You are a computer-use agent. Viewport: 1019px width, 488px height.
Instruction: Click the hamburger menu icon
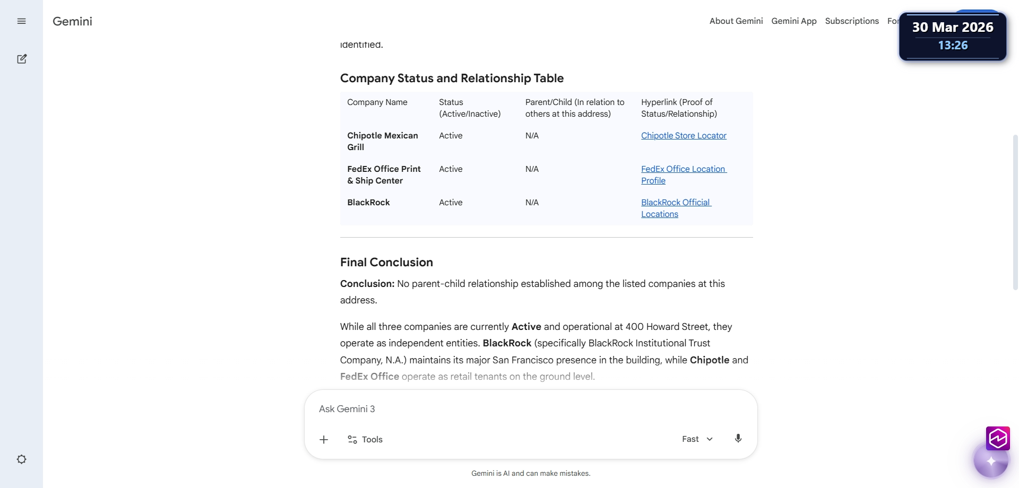coord(21,21)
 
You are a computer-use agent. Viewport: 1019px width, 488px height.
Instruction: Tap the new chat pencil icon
coord(22,59)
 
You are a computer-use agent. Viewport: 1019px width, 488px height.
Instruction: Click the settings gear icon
coord(22,459)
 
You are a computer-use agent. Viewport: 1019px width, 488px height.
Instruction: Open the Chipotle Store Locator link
coord(684,136)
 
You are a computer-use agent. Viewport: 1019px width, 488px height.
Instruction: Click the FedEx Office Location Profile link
coord(683,169)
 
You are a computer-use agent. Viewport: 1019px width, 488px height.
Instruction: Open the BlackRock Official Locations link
coord(675,203)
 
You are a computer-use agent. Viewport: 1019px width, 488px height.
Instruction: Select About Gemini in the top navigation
coord(736,21)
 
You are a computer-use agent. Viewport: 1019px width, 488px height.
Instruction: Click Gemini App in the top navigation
coord(794,21)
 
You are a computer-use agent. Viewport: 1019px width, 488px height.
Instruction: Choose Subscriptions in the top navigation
coord(852,21)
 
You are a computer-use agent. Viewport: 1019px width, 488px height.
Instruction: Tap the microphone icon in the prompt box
coord(738,439)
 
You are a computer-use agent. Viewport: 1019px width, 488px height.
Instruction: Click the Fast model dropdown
coord(697,439)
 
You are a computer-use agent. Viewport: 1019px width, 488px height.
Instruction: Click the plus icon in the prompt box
coord(324,440)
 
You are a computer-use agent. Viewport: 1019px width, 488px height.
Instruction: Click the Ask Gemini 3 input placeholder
coord(347,409)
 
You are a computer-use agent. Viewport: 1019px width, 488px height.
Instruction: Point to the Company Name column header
coord(377,102)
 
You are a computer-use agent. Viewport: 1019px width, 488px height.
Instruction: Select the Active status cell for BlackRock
coord(451,203)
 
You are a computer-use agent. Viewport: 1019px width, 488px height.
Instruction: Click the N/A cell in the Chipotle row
coord(532,136)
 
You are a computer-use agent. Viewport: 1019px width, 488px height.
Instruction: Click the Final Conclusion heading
coord(386,262)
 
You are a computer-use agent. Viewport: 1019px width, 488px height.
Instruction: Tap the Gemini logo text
coord(73,21)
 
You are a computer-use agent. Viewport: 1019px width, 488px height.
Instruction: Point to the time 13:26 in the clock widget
coord(953,46)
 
